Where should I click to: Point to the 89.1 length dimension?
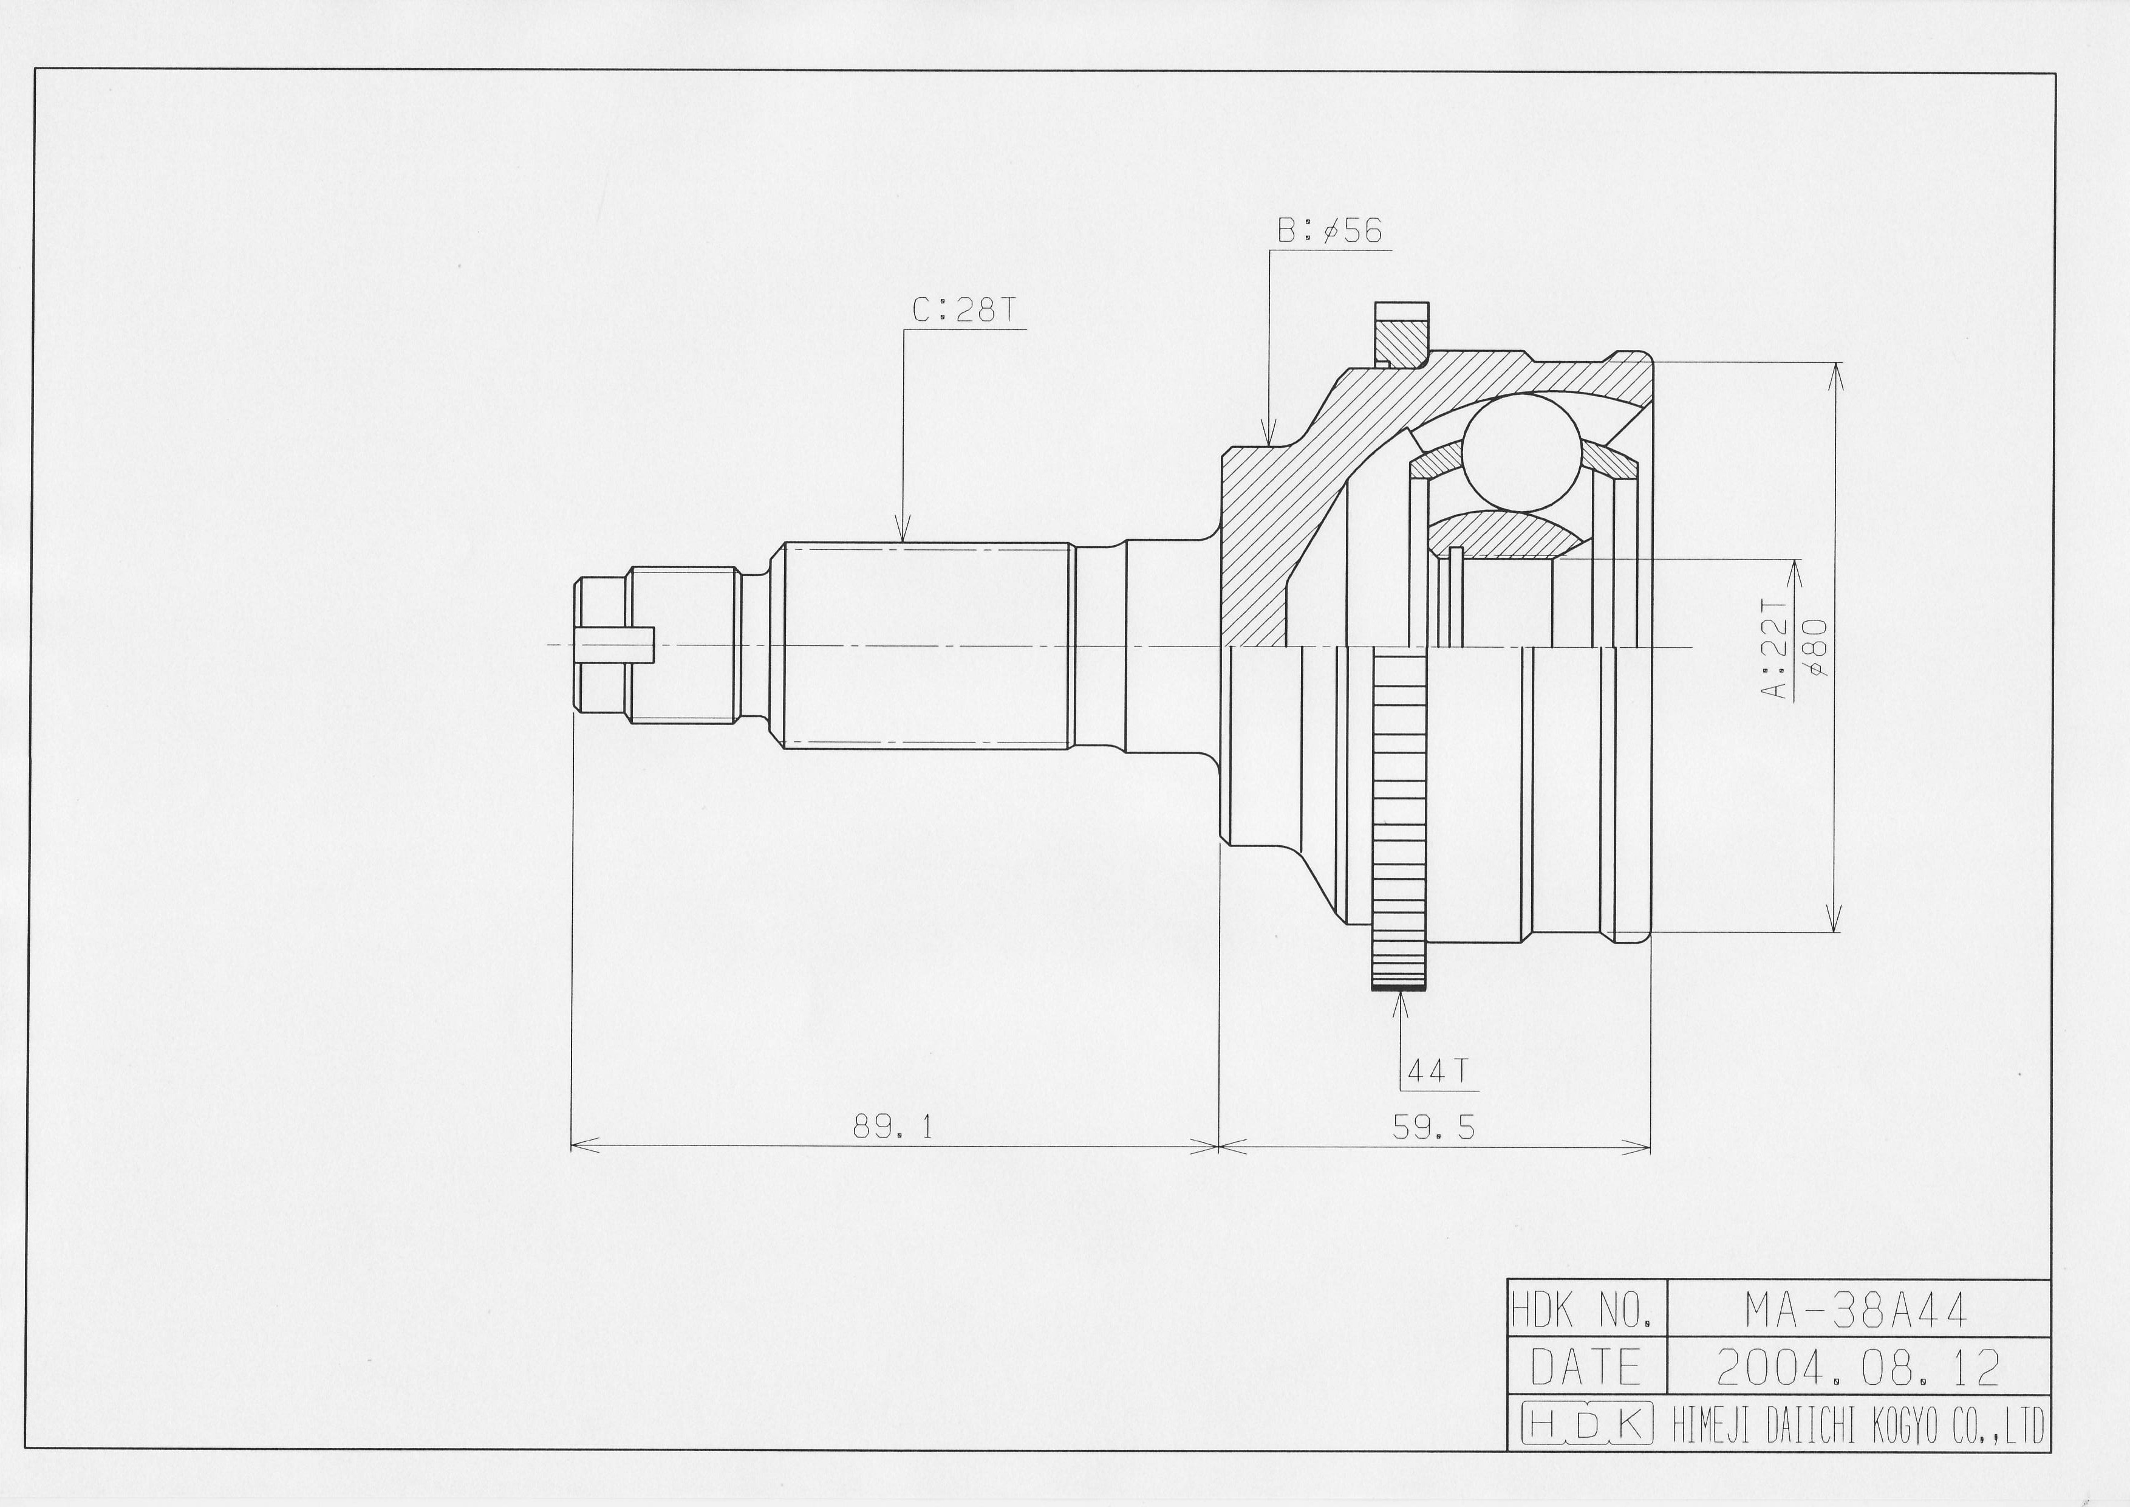(x=892, y=1127)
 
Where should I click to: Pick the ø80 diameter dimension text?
(x=1815, y=648)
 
